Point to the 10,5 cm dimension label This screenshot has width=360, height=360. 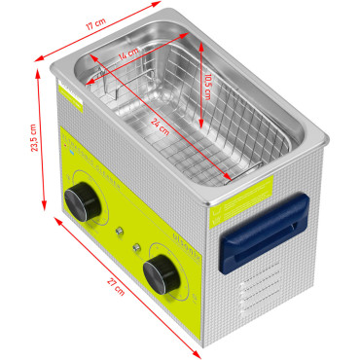point(207,87)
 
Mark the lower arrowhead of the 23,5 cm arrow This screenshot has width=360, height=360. point(44,207)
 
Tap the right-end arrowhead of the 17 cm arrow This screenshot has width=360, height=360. point(160,6)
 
